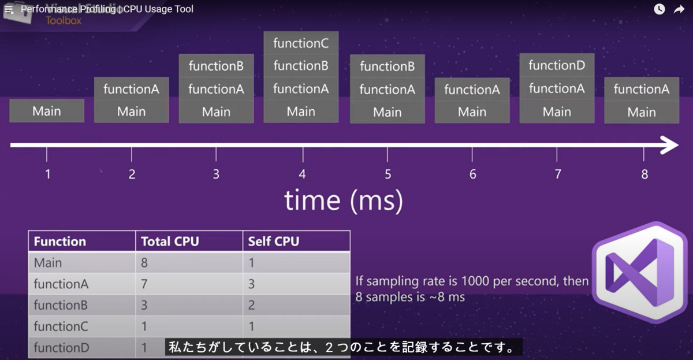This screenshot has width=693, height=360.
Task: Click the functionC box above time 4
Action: [301, 43]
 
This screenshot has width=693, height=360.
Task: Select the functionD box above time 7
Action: [557, 65]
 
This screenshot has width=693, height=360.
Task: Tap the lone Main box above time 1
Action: [47, 111]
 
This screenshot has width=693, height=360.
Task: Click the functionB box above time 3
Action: [216, 66]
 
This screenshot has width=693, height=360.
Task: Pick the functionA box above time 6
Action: [472, 90]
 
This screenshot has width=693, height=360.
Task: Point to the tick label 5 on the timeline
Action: [388, 174]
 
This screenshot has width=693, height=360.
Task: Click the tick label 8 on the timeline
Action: [644, 174]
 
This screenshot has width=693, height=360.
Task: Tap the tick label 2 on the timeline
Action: [132, 174]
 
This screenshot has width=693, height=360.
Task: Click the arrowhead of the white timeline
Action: [670, 145]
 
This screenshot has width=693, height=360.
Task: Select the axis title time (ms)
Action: [344, 200]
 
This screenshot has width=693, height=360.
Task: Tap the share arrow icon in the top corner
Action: [679, 9]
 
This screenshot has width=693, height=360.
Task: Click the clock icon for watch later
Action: [660, 9]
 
